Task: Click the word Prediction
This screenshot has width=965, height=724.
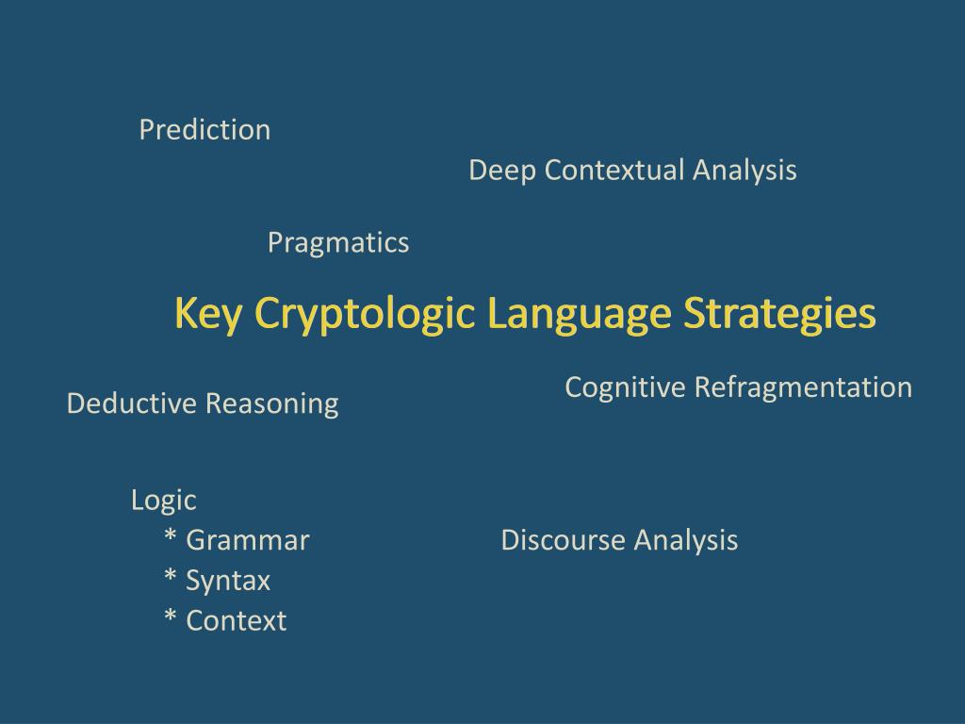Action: coord(204,130)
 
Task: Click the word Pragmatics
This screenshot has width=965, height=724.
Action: coord(338,243)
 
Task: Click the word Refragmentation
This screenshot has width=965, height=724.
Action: coord(803,387)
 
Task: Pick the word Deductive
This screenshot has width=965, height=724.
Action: coord(132,404)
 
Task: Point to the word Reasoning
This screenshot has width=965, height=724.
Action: coord(271,404)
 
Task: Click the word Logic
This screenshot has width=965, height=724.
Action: coord(163,501)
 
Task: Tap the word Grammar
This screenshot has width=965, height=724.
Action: coord(248,540)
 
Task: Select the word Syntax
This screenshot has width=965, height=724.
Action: coord(228,581)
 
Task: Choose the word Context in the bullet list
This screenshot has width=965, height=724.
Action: coord(237,621)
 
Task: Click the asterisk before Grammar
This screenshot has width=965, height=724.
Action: coord(171,538)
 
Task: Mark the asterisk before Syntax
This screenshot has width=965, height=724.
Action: coord(171,579)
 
